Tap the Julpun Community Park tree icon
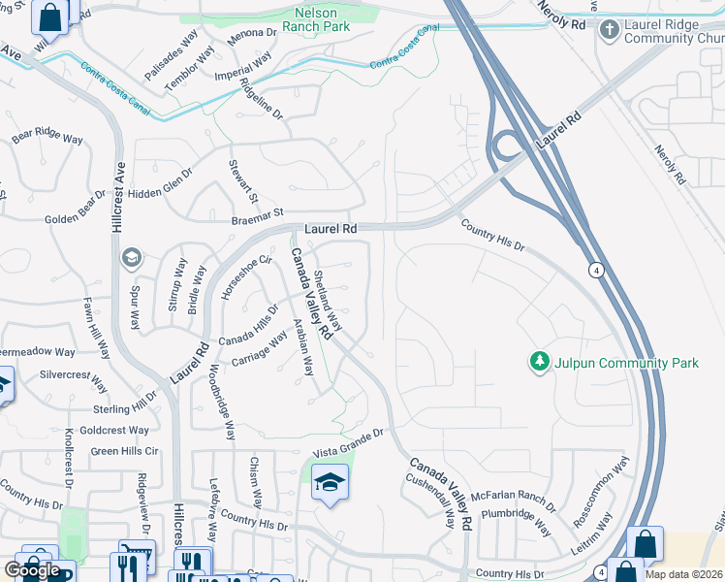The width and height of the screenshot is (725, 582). [539, 363]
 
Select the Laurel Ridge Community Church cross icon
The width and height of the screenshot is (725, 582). [610, 30]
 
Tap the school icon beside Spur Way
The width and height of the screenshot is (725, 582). [131, 259]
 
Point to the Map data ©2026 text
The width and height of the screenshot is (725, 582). [684, 574]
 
